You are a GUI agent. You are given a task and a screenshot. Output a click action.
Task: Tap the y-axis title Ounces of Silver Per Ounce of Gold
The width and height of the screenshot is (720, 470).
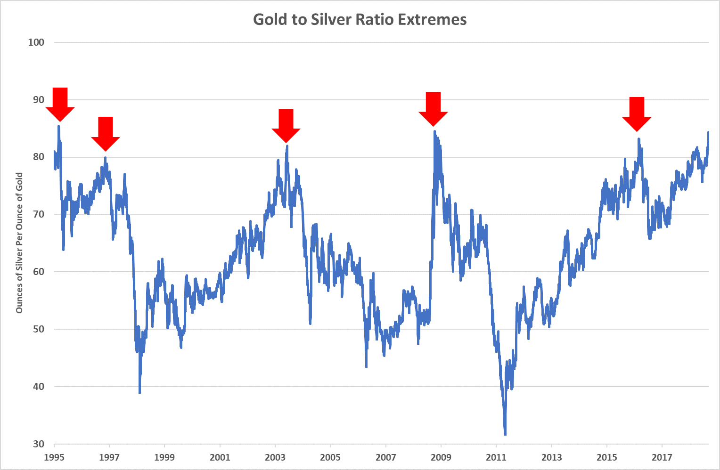[19, 243]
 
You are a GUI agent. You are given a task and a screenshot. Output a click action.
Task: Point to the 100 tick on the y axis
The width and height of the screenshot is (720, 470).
[36, 42]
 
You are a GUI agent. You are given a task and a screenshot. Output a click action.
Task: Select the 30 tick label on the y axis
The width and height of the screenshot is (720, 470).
[39, 444]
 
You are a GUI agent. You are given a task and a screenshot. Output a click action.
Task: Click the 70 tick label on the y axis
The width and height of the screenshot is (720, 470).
[39, 214]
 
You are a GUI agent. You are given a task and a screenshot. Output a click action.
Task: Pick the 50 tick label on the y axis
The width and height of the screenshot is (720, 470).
[39, 329]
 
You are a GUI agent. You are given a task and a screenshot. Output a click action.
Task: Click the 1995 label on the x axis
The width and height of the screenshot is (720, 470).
[54, 457]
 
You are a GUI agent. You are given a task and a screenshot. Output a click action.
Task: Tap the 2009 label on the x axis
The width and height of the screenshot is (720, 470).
[441, 457]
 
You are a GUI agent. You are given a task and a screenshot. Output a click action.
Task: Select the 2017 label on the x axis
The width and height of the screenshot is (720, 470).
[662, 457]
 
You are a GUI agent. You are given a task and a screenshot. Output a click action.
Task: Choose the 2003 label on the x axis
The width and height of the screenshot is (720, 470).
[275, 457]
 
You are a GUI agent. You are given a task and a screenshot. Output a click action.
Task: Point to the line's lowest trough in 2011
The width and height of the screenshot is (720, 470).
[505, 434]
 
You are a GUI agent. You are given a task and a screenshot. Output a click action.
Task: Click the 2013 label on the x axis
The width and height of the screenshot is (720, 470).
[551, 457]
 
